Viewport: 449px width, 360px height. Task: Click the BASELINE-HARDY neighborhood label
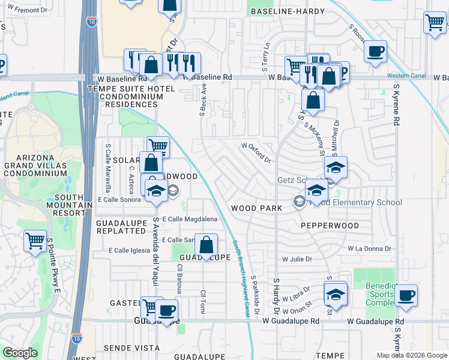pos(287,11)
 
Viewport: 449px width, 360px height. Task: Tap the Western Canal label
pos(406,76)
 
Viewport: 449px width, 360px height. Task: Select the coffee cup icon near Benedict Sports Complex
pos(406,296)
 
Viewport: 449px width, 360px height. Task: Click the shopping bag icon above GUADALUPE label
pos(206,245)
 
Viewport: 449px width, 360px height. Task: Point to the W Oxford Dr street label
pos(256,152)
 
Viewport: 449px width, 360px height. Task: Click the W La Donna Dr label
pos(370,248)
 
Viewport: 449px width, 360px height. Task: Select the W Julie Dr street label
pos(298,259)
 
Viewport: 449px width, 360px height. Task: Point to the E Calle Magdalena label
pos(189,220)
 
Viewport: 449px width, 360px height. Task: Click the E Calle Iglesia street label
pos(128,250)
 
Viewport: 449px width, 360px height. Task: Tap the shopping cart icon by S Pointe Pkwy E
pos(35,241)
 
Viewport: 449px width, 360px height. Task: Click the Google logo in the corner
pos(19,353)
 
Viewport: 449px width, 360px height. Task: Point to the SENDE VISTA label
pos(126,347)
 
